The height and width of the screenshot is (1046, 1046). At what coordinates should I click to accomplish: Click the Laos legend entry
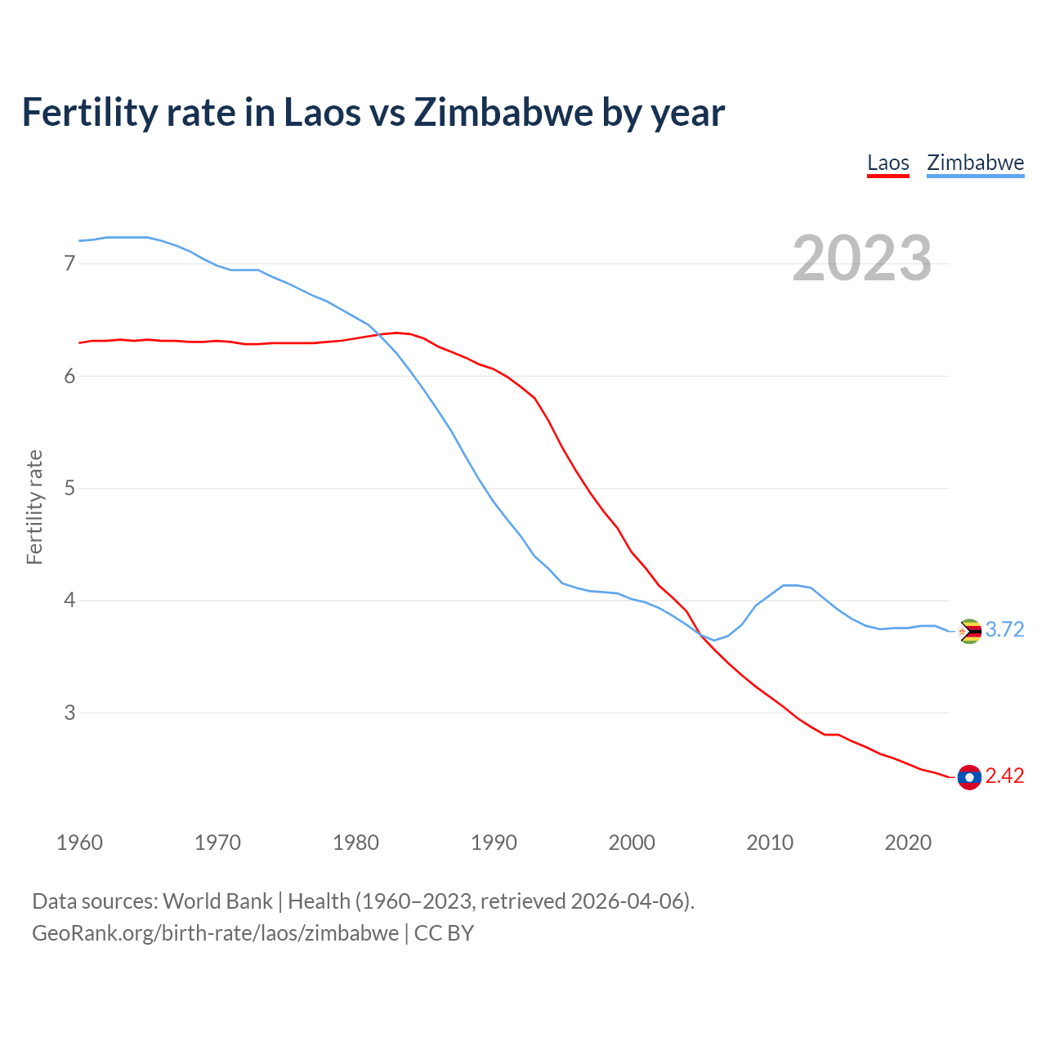click(x=887, y=163)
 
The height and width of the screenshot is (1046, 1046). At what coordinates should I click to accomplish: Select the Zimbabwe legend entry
click(x=975, y=163)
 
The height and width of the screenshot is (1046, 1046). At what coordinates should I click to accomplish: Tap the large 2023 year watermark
click(x=861, y=258)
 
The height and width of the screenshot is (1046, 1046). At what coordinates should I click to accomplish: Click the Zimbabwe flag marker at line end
click(x=969, y=631)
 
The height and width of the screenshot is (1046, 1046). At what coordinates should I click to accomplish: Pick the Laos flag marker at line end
click(x=969, y=777)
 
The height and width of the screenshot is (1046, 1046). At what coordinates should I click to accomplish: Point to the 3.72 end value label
click(x=1004, y=629)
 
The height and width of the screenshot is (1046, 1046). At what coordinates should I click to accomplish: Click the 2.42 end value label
click(x=1004, y=776)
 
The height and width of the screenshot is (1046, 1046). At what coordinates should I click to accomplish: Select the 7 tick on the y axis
click(x=69, y=263)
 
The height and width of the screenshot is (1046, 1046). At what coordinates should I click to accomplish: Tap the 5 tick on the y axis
click(x=69, y=488)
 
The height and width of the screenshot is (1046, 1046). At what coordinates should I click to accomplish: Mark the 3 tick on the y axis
click(x=69, y=713)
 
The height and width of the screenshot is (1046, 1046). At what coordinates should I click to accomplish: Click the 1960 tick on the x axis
click(x=79, y=843)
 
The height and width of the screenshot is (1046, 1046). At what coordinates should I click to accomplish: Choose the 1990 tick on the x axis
click(x=494, y=843)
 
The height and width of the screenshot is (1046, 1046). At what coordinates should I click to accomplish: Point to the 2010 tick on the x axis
click(x=770, y=843)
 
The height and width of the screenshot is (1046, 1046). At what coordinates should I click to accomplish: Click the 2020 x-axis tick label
click(x=908, y=843)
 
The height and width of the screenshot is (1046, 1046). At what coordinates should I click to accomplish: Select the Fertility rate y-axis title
click(x=34, y=507)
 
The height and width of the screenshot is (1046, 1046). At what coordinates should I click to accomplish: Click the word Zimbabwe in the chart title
click(x=503, y=112)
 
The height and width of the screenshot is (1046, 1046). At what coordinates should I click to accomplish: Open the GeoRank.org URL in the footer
click(x=215, y=933)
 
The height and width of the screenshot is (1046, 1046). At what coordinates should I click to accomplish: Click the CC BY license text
click(x=444, y=933)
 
